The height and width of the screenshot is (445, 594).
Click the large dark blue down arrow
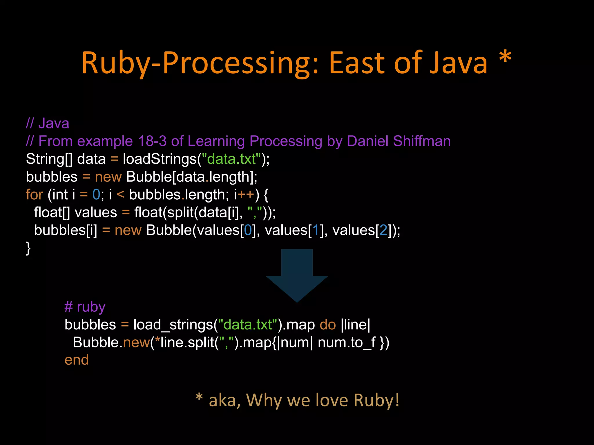click(x=297, y=275)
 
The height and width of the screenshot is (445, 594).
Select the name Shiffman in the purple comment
click(x=422, y=141)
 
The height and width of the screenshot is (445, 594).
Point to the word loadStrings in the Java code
click(x=160, y=159)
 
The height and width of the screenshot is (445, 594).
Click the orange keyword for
click(x=34, y=194)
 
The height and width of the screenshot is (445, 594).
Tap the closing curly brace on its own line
click(x=28, y=248)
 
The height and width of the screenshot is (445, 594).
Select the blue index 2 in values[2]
click(x=383, y=230)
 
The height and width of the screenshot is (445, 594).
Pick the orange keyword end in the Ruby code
click(x=77, y=360)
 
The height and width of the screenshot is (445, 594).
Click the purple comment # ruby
click(x=85, y=307)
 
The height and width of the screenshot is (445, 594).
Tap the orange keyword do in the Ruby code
click(x=327, y=324)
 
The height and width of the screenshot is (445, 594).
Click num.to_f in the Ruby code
click(x=347, y=342)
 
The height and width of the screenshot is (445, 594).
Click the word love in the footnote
click(x=332, y=400)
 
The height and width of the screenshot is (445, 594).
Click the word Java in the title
click(x=459, y=63)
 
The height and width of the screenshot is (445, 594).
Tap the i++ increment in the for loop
click(x=244, y=194)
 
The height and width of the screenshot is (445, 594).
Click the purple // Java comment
click(x=48, y=123)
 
